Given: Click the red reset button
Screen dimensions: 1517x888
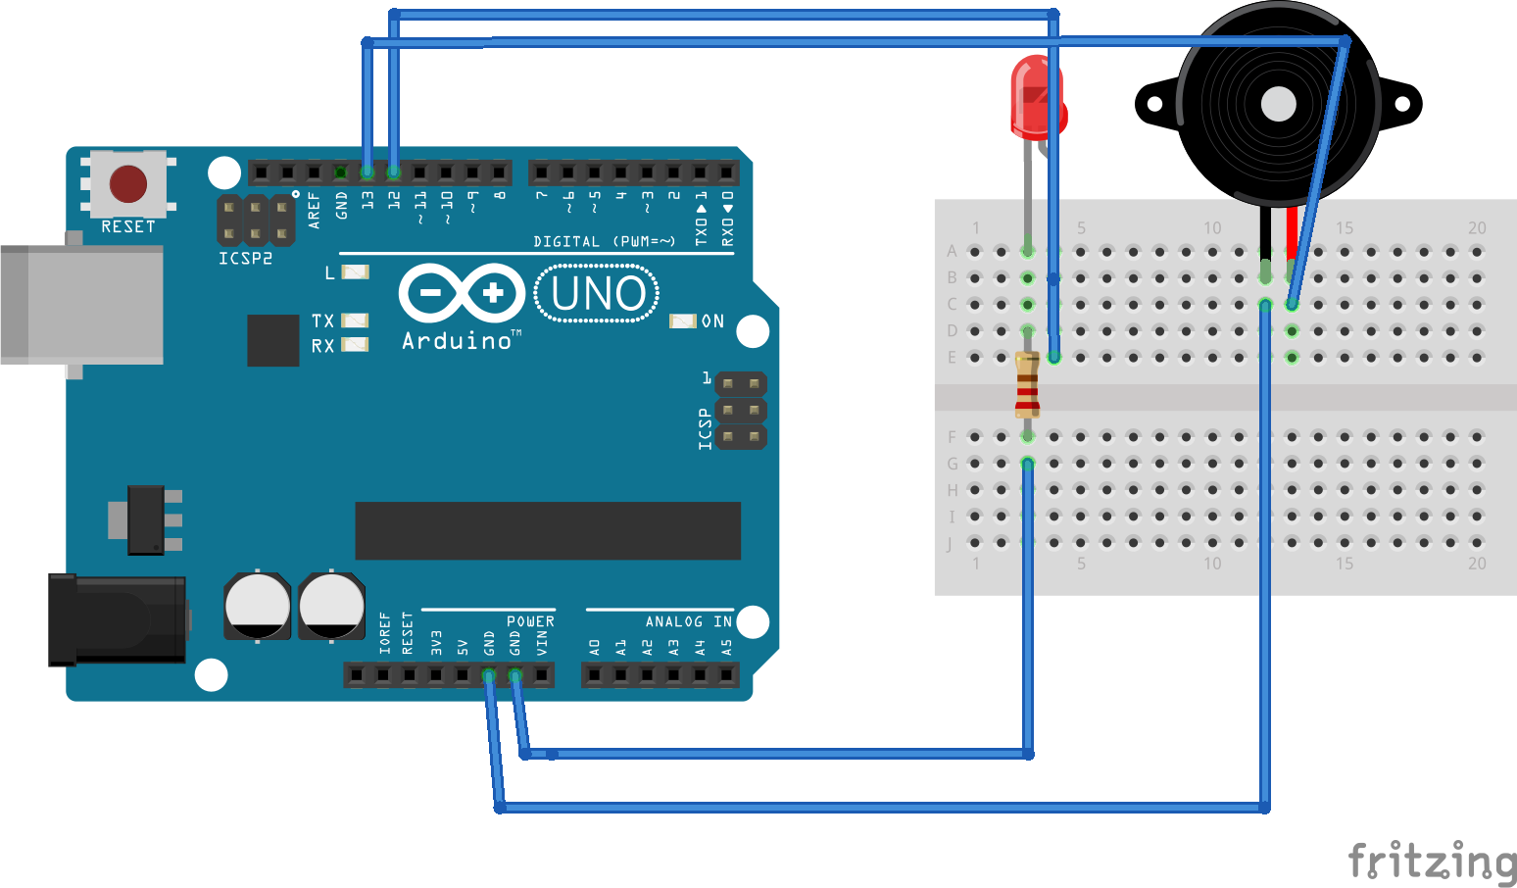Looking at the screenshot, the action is point(128,183).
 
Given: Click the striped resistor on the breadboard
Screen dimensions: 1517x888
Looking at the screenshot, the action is point(1027,384).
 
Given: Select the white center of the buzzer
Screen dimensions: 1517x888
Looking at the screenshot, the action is point(1278,104).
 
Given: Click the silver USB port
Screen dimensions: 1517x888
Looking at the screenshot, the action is point(82,305).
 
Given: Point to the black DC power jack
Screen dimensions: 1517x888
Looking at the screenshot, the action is point(118,619).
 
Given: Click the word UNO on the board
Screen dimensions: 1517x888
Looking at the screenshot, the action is point(598,293).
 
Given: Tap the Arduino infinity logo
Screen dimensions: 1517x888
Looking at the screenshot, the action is point(462,292).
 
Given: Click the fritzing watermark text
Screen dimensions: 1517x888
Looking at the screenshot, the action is point(1432,863).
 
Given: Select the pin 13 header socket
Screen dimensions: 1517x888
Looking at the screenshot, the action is point(367,173).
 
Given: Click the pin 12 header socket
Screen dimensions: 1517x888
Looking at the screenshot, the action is point(394,173).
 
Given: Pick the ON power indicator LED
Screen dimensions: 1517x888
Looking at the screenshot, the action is point(682,321).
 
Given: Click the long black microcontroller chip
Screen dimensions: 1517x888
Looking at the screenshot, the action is point(547,530).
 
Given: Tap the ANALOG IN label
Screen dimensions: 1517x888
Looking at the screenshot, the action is point(688,621).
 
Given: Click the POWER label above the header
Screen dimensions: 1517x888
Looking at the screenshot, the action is point(530,621).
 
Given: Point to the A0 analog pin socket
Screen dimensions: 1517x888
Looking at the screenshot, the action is point(594,674).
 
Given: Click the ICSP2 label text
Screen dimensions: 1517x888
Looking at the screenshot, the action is point(245,259).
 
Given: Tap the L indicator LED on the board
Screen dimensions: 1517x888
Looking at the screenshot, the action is point(355,271).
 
